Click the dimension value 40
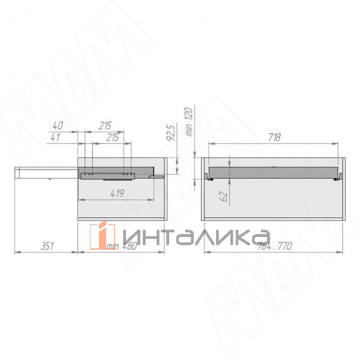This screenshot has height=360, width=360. pyautogui.click(x=58, y=125)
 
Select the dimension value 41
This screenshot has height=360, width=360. pyautogui.click(x=55, y=137)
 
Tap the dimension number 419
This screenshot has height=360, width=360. pyautogui.click(x=118, y=193)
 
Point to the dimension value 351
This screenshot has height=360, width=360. pyautogui.click(x=47, y=246)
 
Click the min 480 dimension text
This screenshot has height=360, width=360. pyautogui.click(x=122, y=246)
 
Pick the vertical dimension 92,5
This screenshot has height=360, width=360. pyautogui.click(x=171, y=131)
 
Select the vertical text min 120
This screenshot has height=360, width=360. pyautogui.click(x=189, y=122)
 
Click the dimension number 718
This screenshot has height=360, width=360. pyautogui.click(x=274, y=137)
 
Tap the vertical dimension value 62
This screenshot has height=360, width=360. pyautogui.click(x=224, y=196)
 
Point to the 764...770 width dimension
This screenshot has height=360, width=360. pyautogui.click(x=274, y=246)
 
